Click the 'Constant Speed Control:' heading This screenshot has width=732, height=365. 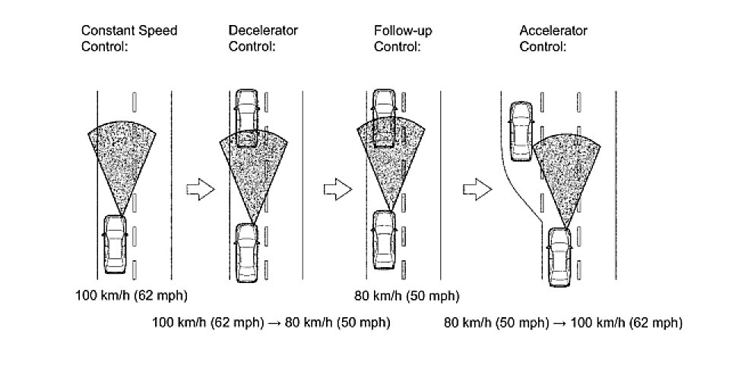129,39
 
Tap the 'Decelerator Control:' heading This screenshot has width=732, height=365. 263,39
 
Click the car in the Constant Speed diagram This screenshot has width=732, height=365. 115,244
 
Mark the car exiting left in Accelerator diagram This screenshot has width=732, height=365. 520,131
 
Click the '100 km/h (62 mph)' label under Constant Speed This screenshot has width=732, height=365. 132,294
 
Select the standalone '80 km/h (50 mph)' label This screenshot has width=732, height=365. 407,294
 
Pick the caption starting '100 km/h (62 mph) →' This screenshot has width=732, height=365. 271,323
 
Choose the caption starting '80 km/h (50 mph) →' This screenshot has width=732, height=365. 562,323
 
